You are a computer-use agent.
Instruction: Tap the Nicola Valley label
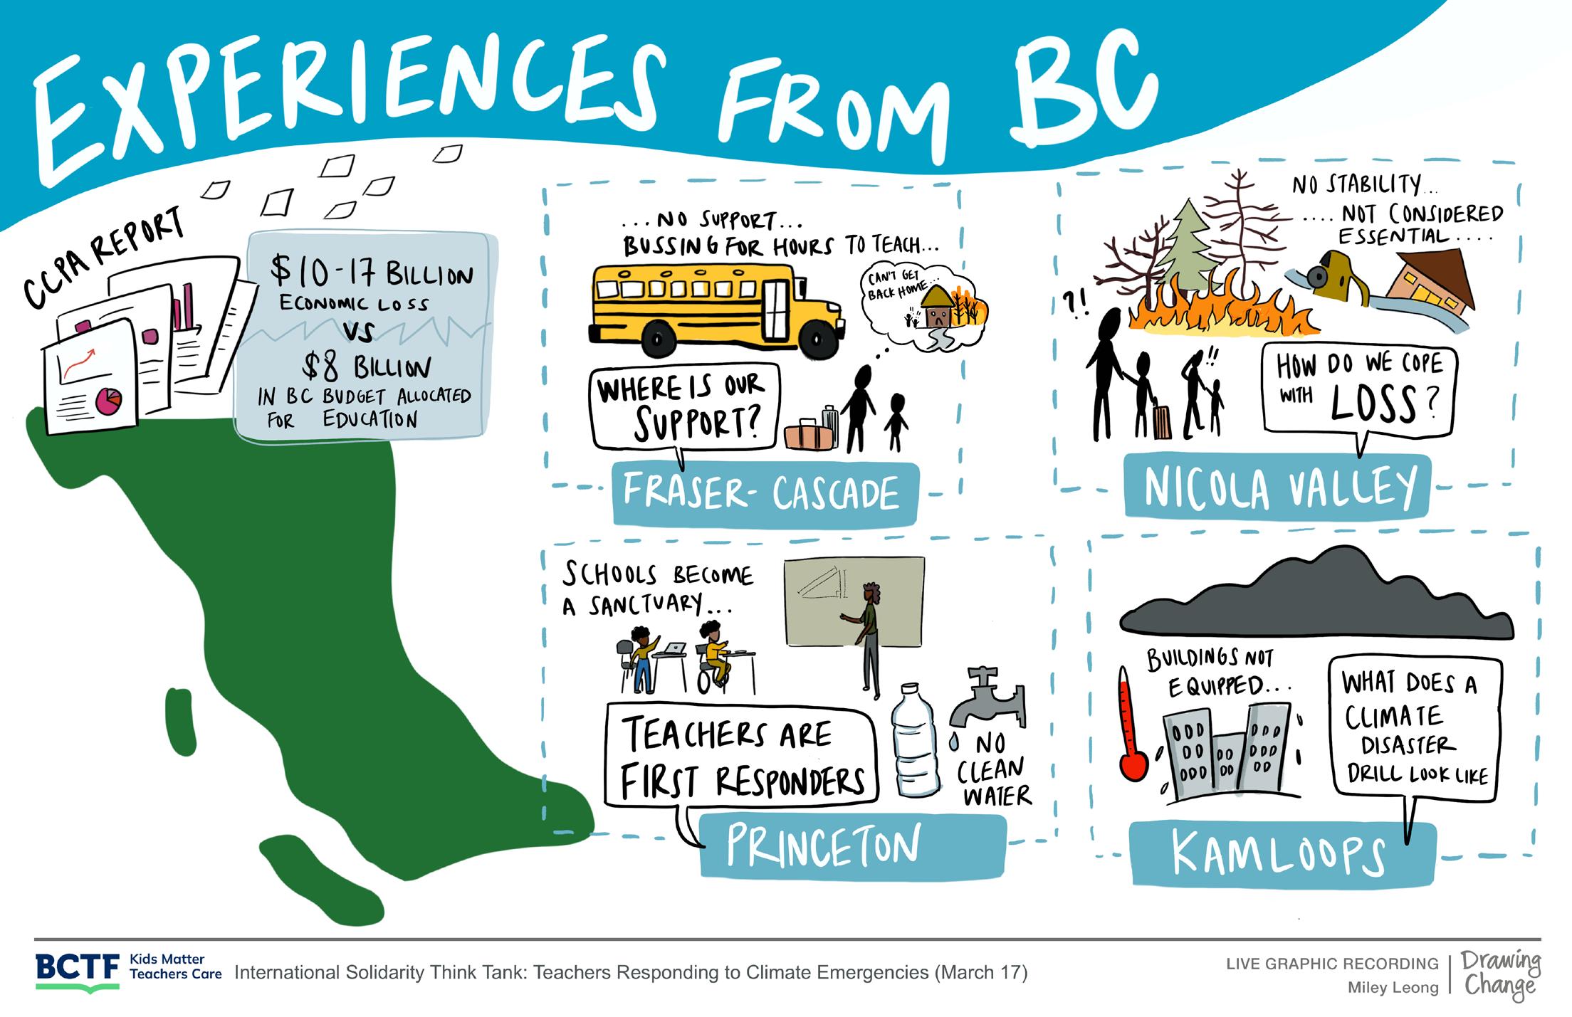click(x=1278, y=488)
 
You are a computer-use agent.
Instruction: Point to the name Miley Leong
click(x=1393, y=988)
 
